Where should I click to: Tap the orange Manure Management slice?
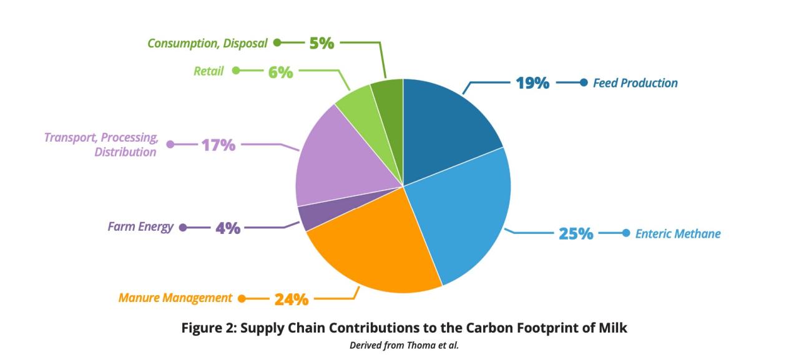click(x=375, y=250)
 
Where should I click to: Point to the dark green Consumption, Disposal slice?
click(x=390, y=107)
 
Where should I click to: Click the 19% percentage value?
click(x=532, y=83)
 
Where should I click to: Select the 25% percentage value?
click(x=576, y=234)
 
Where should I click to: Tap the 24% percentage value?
click(x=292, y=299)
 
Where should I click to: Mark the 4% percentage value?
click(x=228, y=228)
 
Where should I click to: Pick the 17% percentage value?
click(x=218, y=145)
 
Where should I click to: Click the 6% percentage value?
click(x=281, y=72)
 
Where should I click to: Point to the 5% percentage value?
click(x=321, y=44)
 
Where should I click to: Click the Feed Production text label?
click(x=635, y=83)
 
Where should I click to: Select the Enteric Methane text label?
click(x=678, y=234)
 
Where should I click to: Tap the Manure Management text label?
click(x=175, y=298)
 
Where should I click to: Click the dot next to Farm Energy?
click(x=183, y=227)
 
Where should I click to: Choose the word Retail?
click(x=208, y=71)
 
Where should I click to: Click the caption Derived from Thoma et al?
click(x=404, y=346)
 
